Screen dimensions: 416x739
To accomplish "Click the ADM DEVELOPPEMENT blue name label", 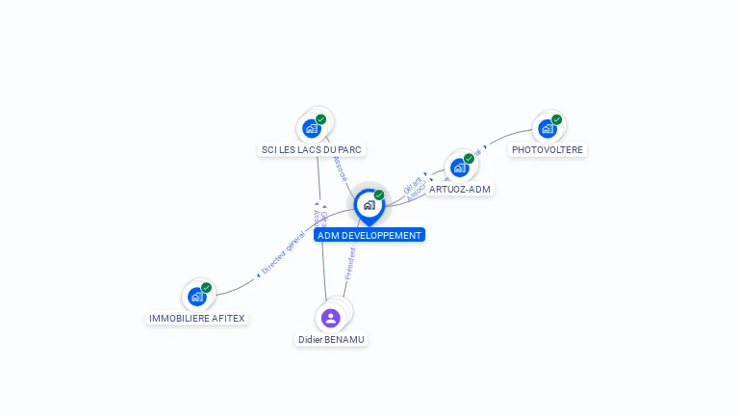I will click(369, 235).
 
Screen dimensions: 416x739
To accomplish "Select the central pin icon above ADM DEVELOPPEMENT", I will click(369, 205).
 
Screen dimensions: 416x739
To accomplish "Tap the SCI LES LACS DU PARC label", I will click(313, 149).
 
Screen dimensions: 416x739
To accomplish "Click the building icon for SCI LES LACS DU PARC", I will click(311, 128).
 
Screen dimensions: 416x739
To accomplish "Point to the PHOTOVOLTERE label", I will click(548, 149).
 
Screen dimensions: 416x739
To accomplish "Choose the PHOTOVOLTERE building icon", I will click(547, 128).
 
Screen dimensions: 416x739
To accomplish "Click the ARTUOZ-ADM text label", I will click(461, 189).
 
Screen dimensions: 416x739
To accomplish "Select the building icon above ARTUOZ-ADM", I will click(459, 168).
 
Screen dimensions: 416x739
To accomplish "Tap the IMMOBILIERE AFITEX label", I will click(197, 318).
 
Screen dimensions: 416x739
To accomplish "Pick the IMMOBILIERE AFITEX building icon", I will click(196, 297).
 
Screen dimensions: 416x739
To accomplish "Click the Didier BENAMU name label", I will click(332, 339).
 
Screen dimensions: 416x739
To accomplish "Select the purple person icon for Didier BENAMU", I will click(331, 318).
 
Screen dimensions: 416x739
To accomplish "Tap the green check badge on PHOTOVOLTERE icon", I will click(557, 119).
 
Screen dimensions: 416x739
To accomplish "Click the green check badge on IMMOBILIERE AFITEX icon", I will click(206, 287).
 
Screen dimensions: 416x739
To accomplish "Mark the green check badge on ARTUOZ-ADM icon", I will click(469, 158).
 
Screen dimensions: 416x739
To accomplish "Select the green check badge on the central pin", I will click(379, 195).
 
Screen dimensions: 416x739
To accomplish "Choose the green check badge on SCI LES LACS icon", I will click(320, 119).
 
